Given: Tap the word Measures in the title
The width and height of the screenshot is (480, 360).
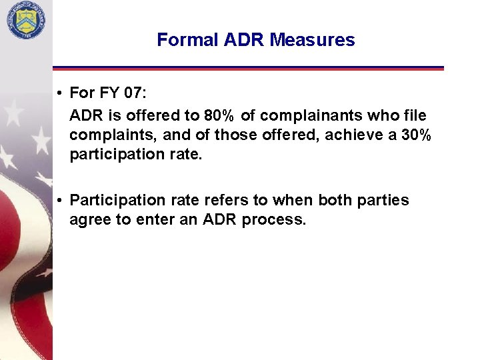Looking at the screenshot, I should [x=313, y=40].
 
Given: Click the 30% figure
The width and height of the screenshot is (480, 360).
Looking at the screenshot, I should [x=415, y=135].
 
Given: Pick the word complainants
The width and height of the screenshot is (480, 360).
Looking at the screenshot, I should [x=309, y=116].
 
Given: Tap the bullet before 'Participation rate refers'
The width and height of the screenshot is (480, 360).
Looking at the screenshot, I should [x=60, y=201].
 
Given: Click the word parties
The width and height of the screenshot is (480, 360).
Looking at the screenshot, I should [x=384, y=201].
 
